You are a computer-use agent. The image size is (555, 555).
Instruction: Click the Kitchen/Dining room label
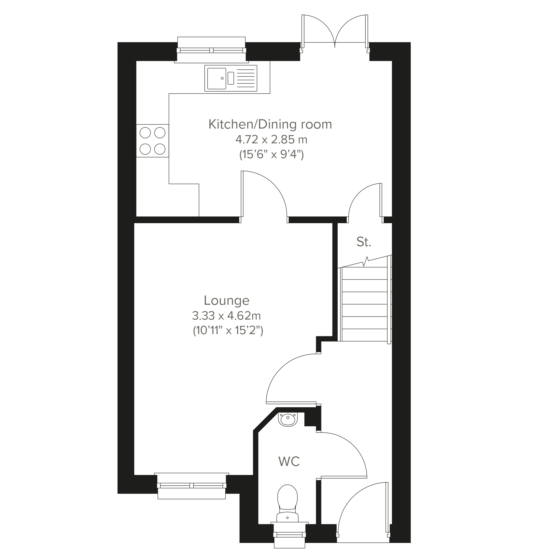click(270, 124)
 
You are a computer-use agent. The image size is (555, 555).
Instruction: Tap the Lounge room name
click(227, 300)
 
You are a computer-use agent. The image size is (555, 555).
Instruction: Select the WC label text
click(289, 462)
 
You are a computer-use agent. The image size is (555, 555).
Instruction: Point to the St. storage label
click(364, 242)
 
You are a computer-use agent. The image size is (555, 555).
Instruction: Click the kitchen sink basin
click(217, 78)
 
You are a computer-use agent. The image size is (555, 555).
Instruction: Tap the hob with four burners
click(153, 141)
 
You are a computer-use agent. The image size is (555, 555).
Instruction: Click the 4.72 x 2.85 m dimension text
click(271, 140)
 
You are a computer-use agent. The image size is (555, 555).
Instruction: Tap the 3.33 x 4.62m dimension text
click(226, 316)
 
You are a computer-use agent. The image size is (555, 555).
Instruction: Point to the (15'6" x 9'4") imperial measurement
click(271, 155)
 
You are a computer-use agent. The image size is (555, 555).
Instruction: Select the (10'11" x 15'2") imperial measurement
click(228, 331)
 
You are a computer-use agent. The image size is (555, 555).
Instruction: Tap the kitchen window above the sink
click(211, 50)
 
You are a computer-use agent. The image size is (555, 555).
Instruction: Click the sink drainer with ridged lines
click(246, 78)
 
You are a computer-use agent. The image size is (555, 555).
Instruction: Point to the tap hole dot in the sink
click(222, 78)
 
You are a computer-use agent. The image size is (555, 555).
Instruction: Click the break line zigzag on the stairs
click(366, 261)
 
